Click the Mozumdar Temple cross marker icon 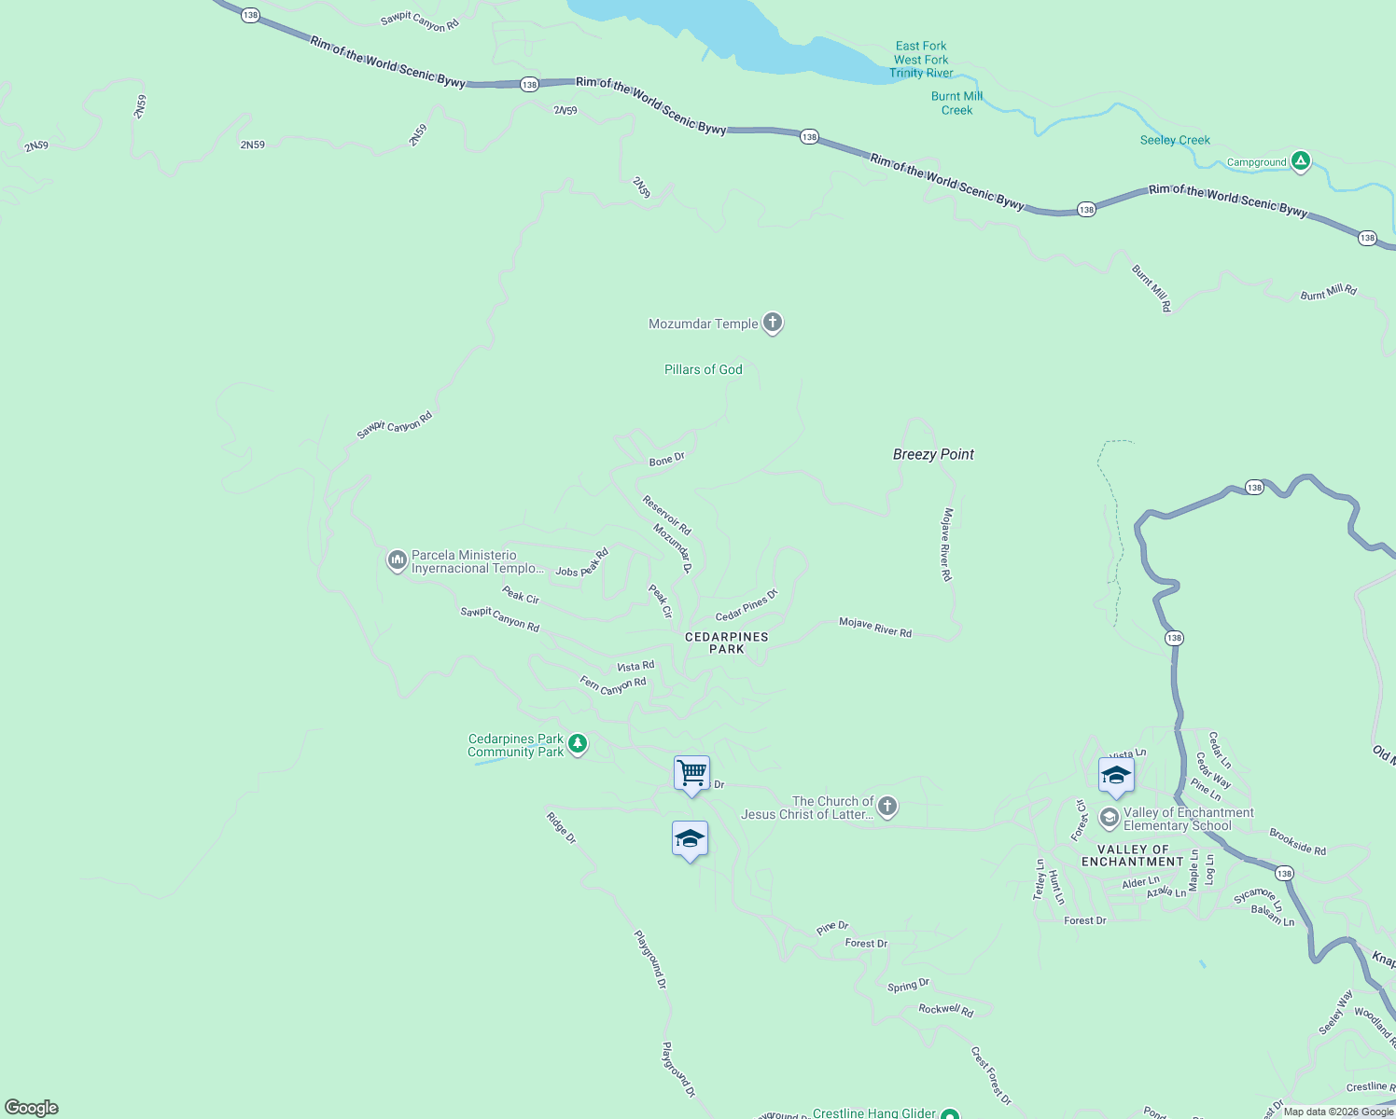click(x=772, y=323)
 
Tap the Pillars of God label click(x=703, y=370)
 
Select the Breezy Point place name click(x=933, y=454)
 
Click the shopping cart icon click(x=691, y=773)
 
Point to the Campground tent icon click(x=1300, y=161)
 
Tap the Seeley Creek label click(x=1175, y=141)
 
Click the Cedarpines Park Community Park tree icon click(x=578, y=743)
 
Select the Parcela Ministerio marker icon click(x=397, y=560)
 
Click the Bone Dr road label click(x=666, y=459)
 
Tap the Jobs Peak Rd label click(x=581, y=563)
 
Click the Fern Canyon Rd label click(x=613, y=685)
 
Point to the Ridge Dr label click(x=561, y=828)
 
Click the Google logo click(x=32, y=1107)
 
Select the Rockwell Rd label click(x=945, y=1009)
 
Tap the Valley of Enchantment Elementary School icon click(x=1109, y=818)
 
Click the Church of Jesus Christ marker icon click(x=886, y=807)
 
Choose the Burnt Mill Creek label click(x=956, y=104)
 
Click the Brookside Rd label click(x=1297, y=842)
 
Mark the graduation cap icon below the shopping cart click(x=690, y=839)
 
